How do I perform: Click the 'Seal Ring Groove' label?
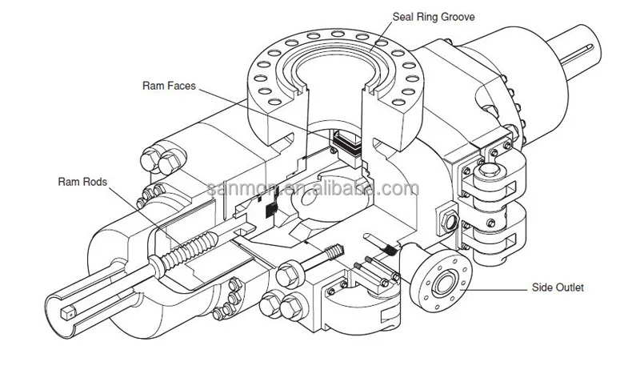tap(434, 17)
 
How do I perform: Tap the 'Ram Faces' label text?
tap(169, 86)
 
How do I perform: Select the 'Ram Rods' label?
tap(82, 182)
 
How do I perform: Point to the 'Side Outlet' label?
tap(558, 288)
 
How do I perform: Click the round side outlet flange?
tap(441, 283)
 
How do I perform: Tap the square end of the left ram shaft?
tap(68, 312)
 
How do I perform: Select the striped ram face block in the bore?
tap(346, 146)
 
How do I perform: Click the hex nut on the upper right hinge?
tap(490, 171)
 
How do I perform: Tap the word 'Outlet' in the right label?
tap(569, 288)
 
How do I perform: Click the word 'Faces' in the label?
tap(182, 86)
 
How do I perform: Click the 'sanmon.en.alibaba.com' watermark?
tap(313, 187)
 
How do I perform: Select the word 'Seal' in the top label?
tap(402, 17)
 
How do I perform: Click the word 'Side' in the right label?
tap(542, 288)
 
